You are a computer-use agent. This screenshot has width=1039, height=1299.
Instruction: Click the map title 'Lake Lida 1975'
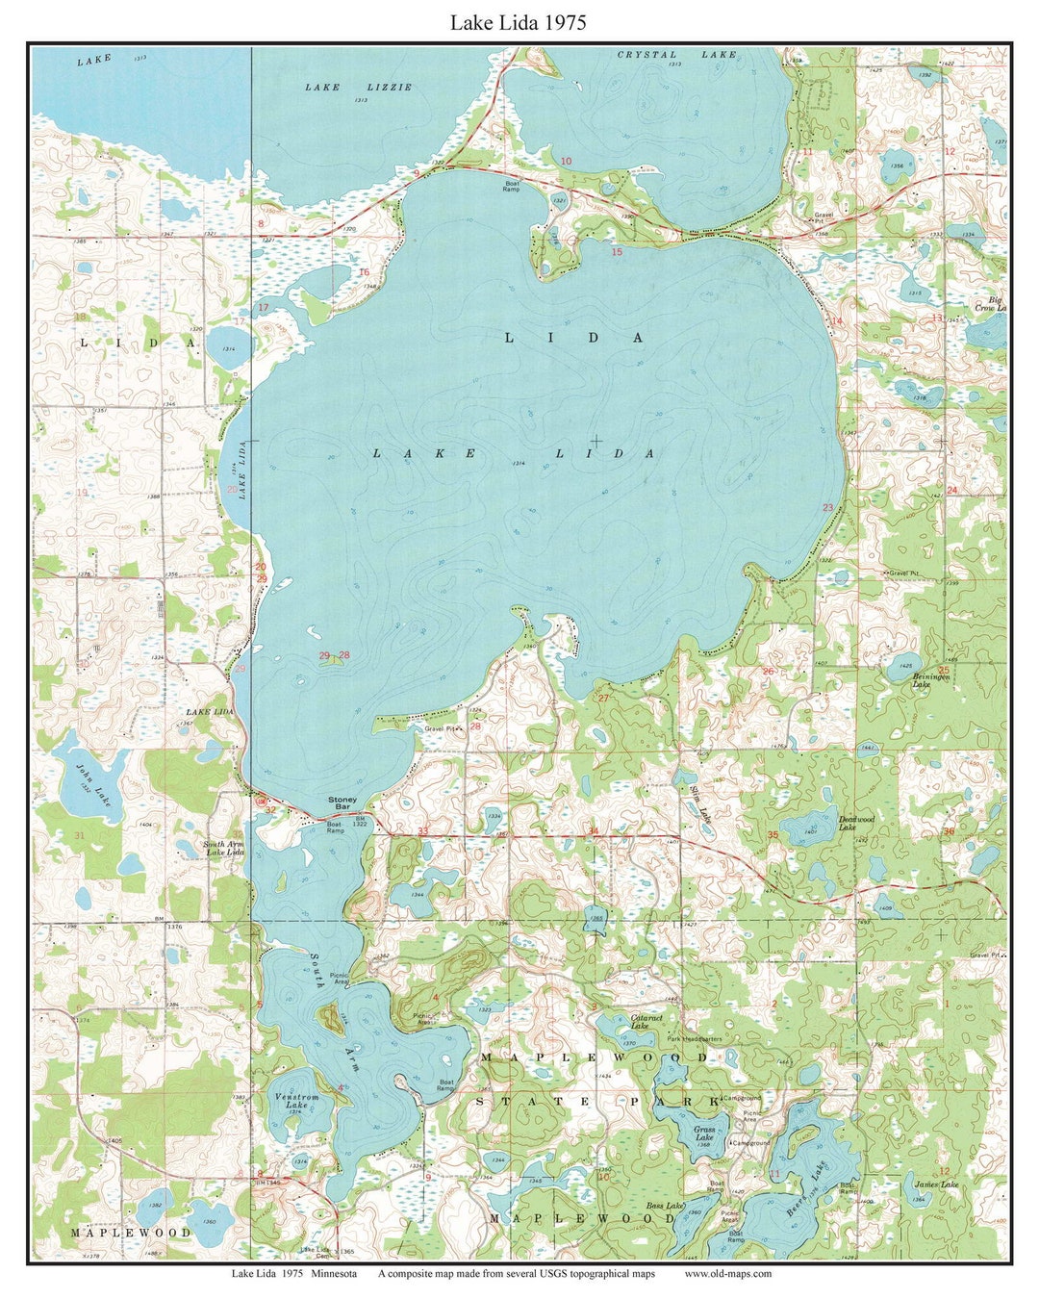coord(518,22)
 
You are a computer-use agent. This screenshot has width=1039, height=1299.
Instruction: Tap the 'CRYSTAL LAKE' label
coord(676,55)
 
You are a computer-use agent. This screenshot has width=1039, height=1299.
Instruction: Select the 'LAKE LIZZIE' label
coord(358,87)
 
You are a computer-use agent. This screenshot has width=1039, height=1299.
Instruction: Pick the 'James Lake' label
coord(936,1184)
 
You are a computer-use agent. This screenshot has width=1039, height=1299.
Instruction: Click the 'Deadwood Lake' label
coord(855,823)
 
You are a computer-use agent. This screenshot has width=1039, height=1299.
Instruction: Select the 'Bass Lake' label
coord(665,1206)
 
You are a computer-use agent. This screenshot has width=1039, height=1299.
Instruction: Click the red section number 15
coord(618,251)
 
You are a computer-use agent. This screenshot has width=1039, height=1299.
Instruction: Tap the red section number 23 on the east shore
coord(827,507)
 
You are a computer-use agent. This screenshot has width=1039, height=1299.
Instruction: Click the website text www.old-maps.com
coord(727,1273)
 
